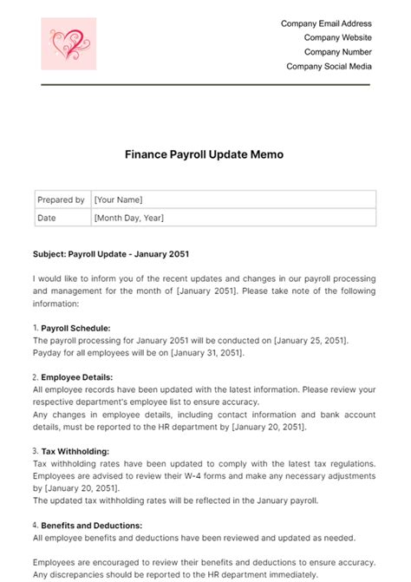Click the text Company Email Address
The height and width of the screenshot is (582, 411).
(326, 24)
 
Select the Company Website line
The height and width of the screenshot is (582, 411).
(338, 38)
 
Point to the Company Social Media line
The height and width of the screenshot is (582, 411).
(329, 66)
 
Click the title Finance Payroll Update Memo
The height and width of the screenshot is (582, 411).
(205, 154)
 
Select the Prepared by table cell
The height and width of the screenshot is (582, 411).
(61, 199)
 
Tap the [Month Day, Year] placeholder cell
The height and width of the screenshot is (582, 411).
(128, 218)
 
